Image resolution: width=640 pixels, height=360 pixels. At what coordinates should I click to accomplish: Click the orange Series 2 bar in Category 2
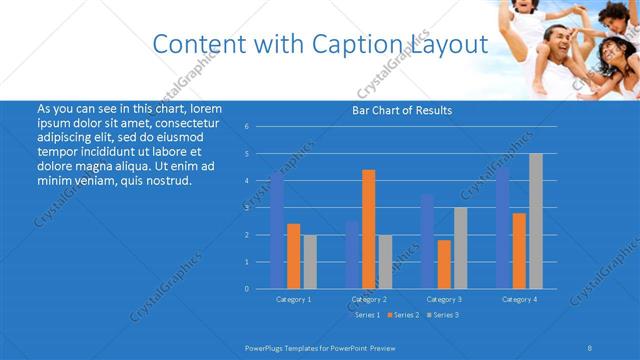(369, 229)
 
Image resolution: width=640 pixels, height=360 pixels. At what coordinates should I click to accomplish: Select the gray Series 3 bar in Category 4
(535, 221)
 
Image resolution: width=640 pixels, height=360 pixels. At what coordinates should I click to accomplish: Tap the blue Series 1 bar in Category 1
(277, 230)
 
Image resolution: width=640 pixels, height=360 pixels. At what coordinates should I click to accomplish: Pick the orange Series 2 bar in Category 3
(444, 264)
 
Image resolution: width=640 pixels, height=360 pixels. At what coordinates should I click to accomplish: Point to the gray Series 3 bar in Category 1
(310, 261)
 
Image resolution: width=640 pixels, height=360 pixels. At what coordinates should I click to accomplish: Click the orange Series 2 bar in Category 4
(519, 250)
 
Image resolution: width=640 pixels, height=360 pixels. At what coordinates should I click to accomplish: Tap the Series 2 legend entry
(405, 314)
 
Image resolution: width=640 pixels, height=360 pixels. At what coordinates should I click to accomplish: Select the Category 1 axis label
(294, 299)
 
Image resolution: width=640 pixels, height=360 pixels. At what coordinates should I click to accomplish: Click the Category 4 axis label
(519, 299)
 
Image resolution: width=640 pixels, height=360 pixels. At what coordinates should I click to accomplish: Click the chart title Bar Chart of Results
(402, 110)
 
